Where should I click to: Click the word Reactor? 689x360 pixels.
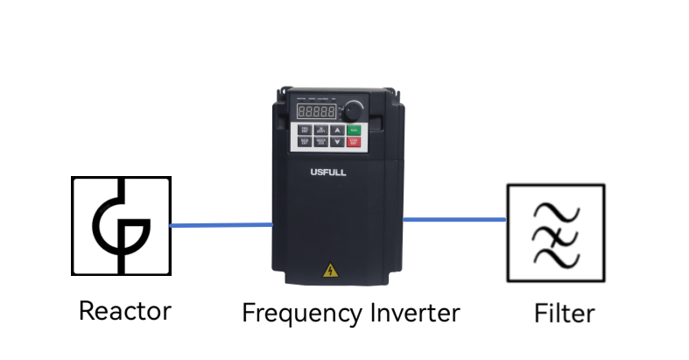124,310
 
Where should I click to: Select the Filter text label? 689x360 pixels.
564,313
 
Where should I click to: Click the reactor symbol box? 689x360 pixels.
121,226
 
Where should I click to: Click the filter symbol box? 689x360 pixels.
555,232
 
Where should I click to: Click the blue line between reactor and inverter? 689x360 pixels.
221,225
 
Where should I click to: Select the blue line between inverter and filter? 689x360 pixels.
454,219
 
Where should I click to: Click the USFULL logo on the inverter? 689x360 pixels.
328,173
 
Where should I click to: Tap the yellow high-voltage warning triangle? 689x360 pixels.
331,271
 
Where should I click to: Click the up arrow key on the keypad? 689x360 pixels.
337,130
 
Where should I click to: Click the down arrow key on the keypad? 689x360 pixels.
337,142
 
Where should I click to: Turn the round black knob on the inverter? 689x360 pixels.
353,111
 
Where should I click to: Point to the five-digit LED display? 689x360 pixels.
316,112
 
